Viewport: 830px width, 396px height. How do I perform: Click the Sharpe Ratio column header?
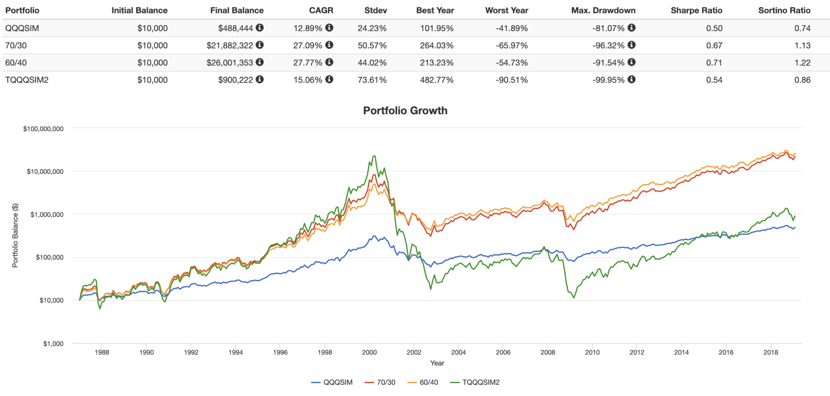pos(696,11)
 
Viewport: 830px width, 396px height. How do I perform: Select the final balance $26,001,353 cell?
pos(229,63)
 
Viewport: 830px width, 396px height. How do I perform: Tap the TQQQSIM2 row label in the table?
pos(27,80)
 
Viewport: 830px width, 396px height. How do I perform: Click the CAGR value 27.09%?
pos(308,45)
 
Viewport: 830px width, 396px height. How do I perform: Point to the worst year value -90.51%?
pos(511,80)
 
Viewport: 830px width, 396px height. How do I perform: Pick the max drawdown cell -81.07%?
pos(608,28)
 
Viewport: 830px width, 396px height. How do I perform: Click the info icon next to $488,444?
pos(260,28)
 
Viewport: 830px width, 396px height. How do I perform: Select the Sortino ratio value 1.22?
pos(802,63)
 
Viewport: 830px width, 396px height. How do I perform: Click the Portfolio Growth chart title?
pos(405,111)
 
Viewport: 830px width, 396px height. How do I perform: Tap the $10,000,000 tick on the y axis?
pos(45,172)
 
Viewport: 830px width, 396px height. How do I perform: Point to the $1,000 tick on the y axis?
pos(53,344)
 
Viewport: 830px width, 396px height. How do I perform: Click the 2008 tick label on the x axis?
pos(548,352)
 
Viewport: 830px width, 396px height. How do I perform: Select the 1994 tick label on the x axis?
pos(235,352)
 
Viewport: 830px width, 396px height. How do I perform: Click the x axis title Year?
pos(437,363)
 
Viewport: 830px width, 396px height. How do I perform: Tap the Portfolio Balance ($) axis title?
pos(15,235)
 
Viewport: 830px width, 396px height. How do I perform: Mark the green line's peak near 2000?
pos(374,156)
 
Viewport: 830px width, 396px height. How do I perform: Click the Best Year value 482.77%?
pos(436,80)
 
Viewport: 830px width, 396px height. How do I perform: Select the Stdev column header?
pos(375,11)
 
